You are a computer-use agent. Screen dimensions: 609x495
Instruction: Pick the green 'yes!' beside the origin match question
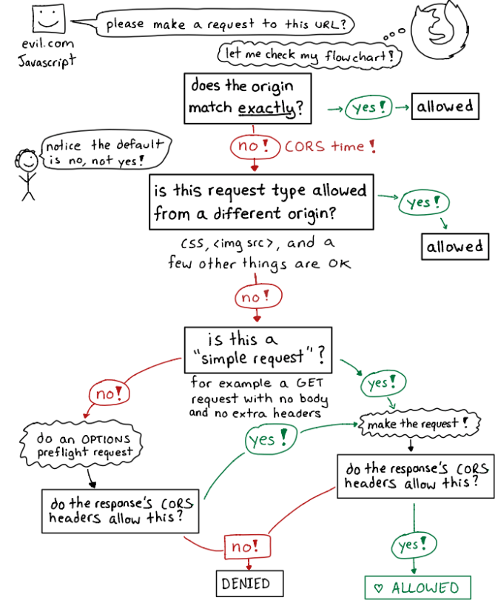click(x=369, y=107)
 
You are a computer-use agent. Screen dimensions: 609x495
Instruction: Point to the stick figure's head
click(x=28, y=160)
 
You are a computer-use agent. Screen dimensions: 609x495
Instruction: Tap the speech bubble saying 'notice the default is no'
click(x=104, y=152)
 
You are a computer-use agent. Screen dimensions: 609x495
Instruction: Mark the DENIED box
click(x=246, y=583)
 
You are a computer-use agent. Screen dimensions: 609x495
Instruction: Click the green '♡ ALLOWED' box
click(x=417, y=588)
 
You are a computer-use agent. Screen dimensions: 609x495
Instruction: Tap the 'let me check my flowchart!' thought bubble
click(x=306, y=54)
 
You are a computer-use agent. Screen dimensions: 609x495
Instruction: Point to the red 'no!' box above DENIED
click(x=245, y=547)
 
